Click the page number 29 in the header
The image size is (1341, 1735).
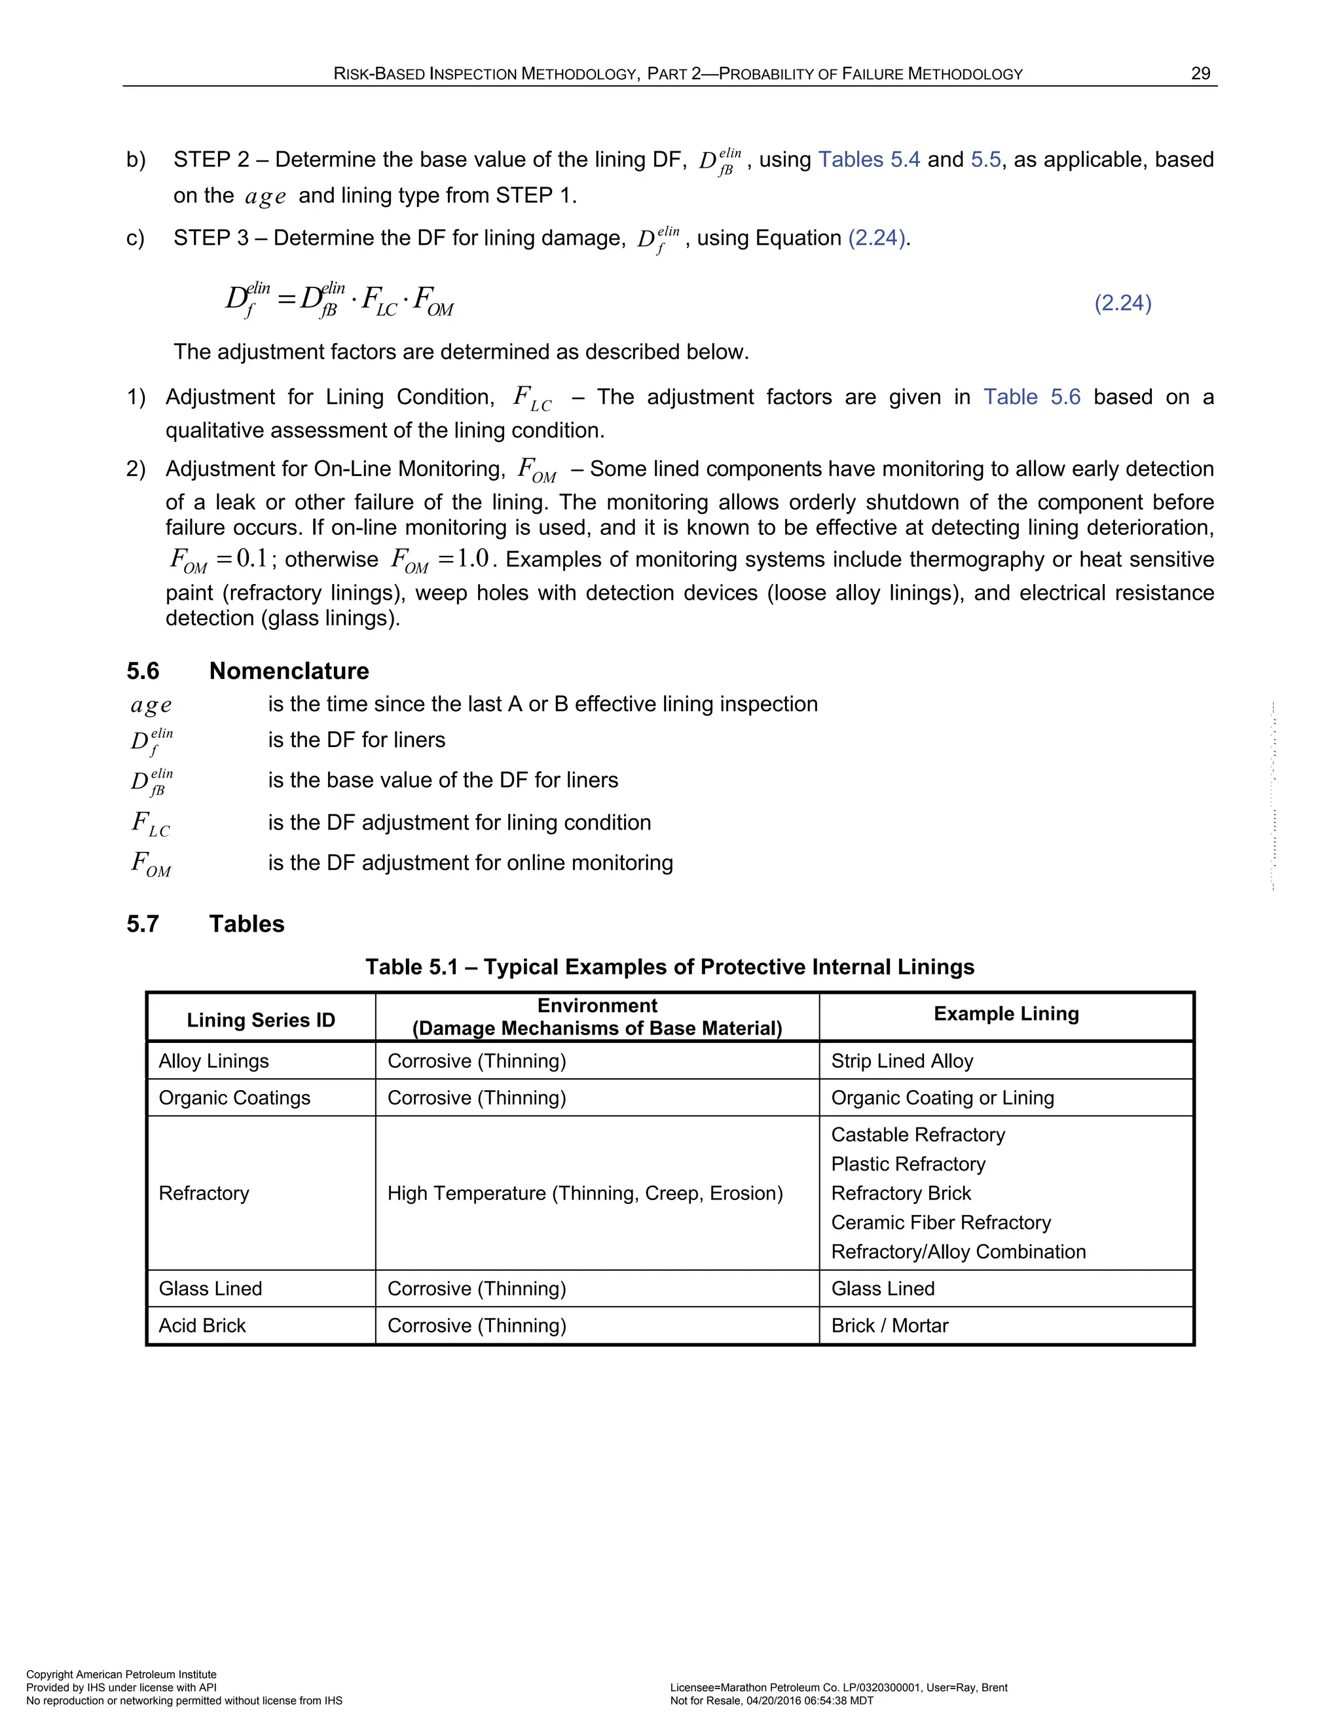(x=1200, y=74)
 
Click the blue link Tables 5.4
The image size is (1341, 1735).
(x=868, y=160)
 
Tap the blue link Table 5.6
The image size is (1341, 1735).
(x=1031, y=397)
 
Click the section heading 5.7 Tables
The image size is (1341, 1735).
(x=205, y=924)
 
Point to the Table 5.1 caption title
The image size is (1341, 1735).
(x=670, y=967)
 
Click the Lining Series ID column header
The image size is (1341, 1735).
(x=261, y=1020)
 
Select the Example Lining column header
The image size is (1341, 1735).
(x=1006, y=1014)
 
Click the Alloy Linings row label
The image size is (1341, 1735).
(x=213, y=1061)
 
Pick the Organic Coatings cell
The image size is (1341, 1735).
(x=234, y=1098)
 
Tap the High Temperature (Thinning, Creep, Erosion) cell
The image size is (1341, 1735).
(x=585, y=1193)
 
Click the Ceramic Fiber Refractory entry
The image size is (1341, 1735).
(x=941, y=1222)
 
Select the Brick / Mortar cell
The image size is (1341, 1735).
(x=890, y=1326)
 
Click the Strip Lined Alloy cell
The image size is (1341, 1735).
(x=902, y=1061)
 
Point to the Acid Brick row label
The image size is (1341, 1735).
(x=202, y=1326)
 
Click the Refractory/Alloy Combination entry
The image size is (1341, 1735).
(x=958, y=1252)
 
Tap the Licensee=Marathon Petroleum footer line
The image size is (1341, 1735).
(x=838, y=1687)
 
